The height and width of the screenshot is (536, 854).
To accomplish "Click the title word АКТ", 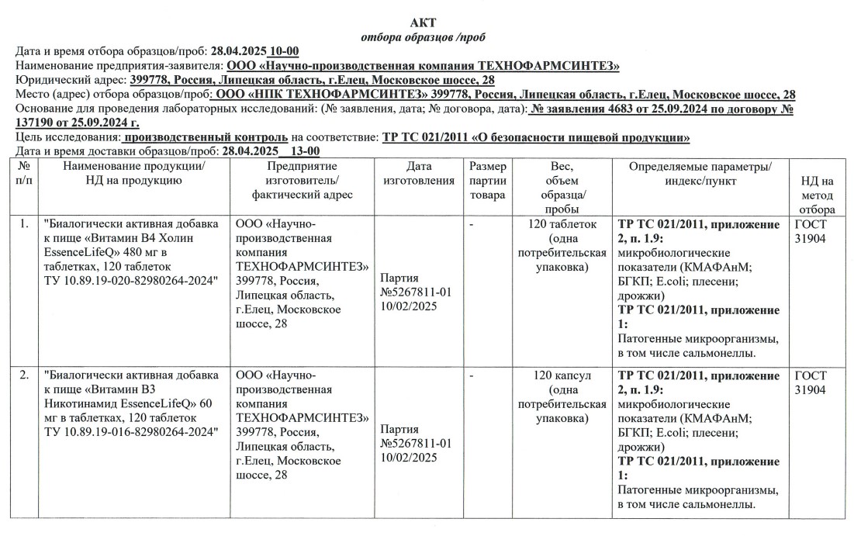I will tap(427, 22).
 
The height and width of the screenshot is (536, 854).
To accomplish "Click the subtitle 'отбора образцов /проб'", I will tap(426, 37).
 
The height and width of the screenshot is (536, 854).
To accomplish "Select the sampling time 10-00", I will tap(282, 51).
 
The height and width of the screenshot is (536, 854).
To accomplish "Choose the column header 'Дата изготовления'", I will tap(419, 174).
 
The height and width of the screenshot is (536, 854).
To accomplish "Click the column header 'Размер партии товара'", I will tap(487, 181).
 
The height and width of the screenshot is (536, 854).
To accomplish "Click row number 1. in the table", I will tap(24, 224).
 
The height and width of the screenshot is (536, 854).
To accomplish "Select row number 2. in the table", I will tap(24, 376).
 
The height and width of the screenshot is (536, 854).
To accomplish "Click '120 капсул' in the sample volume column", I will tap(562, 376).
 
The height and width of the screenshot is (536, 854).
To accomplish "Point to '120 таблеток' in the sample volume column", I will tap(562, 224).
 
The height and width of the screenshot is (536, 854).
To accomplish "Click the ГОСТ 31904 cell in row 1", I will tap(811, 231).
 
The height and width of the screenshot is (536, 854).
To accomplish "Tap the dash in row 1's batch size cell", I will tap(471, 224).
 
